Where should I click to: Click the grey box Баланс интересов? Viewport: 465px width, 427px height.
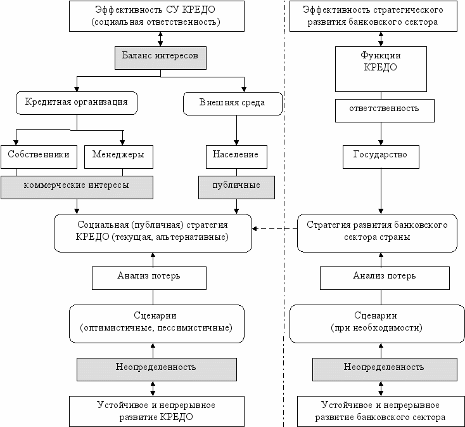[x=160, y=58]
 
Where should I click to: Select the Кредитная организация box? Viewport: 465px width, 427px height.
[x=77, y=103]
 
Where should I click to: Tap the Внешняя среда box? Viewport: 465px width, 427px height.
[x=232, y=103]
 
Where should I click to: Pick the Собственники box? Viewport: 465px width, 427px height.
[x=39, y=157]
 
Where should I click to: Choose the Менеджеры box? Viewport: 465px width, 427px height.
[x=118, y=157]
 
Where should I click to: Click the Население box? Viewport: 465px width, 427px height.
[x=236, y=157]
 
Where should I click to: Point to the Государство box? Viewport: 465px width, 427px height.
[x=381, y=157]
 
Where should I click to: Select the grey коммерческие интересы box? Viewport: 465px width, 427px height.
[x=77, y=187]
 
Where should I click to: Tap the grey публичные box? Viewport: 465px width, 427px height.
[x=236, y=187]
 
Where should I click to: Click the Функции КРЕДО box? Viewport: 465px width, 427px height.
[x=381, y=69]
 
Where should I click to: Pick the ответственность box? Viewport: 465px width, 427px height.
[x=385, y=110]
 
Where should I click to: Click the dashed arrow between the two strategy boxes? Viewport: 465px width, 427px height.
[x=274, y=228]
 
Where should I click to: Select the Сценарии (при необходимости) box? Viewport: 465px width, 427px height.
[x=377, y=324]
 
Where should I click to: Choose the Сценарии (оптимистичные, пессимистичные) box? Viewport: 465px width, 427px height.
[x=156, y=324]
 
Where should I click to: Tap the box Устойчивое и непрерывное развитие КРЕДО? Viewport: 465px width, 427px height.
[x=156, y=411]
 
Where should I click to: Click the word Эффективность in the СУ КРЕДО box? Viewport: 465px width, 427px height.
[x=129, y=10]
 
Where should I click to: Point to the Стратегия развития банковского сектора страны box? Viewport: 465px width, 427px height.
[x=377, y=233]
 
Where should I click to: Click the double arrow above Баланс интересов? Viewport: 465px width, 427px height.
[x=160, y=39]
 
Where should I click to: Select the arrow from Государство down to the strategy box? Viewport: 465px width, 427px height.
[x=381, y=191]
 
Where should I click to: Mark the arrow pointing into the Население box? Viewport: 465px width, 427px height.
[x=236, y=130]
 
